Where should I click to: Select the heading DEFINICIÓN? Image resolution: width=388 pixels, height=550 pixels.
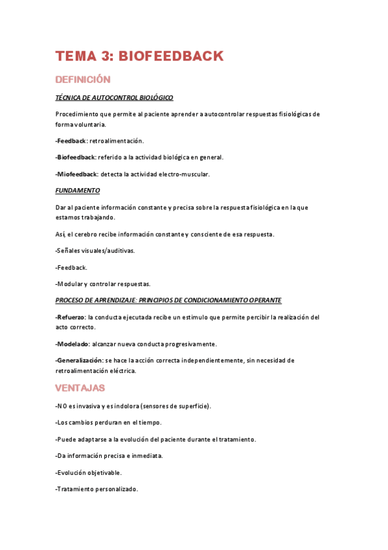pyautogui.click(x=83, y=80)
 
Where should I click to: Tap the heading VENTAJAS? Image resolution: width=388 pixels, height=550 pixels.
pyautogui.click(x=80, y=388)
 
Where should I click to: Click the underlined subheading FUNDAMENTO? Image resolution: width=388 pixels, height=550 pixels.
pyautogui.click(x=78, y=191)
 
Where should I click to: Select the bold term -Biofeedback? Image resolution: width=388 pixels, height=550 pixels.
pyautogui.click(x=76, y=157)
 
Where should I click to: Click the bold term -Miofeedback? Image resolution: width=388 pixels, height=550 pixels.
pyautogui.click(x=76, y=174)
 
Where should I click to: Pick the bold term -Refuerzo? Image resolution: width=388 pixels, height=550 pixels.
pyautogui.click(x=71, y=317)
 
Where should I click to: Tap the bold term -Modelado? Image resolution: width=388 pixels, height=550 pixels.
pyautogui.click(x=72, y=344)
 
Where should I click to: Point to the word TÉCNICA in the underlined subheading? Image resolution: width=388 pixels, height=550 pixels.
pyautogui.click(x=67, y=97)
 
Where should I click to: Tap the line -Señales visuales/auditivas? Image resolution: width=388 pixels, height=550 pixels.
pyautogui.click(x=95, y=250)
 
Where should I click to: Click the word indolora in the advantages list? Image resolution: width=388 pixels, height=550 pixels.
pyautogui.click(x=117, y=406)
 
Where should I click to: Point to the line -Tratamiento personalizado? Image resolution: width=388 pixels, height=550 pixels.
pyautogui.click(x=97, y=489)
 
